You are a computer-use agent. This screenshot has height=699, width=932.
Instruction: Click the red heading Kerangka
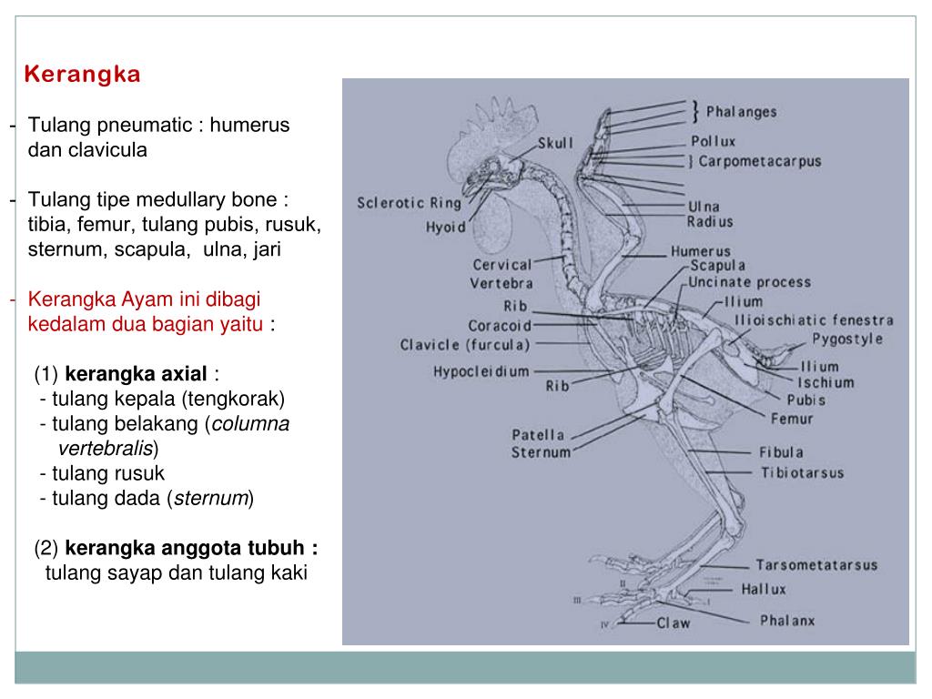(82, 75)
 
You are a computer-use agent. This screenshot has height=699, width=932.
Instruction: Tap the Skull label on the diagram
(555, 144)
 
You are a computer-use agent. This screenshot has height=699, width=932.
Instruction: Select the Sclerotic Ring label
(409, 203)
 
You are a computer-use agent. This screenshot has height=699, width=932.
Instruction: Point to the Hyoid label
(446, 228)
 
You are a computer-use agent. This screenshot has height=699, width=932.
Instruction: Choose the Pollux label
(713, 142)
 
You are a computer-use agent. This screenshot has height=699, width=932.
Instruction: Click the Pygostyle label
(848, 339)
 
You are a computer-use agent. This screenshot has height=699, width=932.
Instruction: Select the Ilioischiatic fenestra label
(814, 320)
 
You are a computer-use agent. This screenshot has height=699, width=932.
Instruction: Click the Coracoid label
(500, 326)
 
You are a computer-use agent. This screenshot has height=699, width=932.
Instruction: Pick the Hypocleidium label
(481, 371)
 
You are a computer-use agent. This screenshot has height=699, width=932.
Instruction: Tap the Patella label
(538, 435)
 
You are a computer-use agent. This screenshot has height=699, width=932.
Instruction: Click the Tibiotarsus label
(802, 473)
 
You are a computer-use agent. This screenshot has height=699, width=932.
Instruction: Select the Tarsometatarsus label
(816, 565)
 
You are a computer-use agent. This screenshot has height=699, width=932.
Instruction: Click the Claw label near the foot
(674, 623)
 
